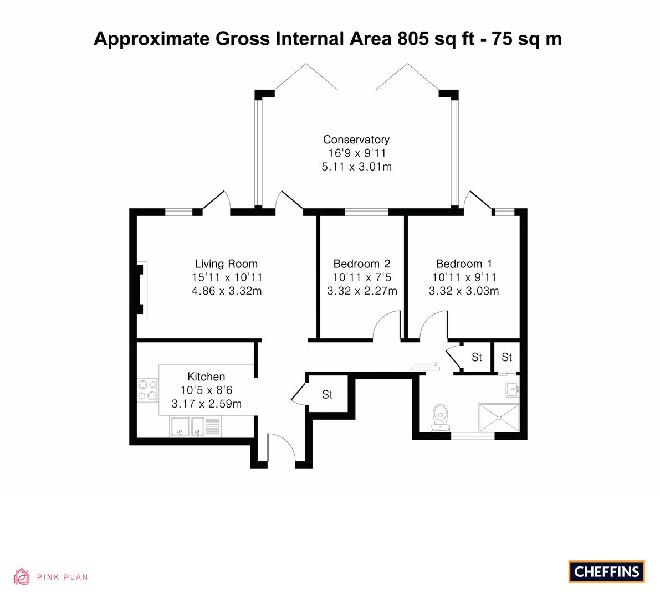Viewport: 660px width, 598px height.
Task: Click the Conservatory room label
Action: tap(356, 140)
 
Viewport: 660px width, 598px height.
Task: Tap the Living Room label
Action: tap(227, 264)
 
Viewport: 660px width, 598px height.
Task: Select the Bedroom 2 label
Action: tap(362, 264)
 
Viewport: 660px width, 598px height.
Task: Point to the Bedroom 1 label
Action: tap(464, 264)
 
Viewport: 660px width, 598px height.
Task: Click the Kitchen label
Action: tap(206, 377)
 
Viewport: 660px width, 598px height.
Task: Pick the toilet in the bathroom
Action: tap(441, 418)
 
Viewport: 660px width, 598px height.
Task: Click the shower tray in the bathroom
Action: tap(499, 417)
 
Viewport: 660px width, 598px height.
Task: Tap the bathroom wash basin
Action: tap(513, 389)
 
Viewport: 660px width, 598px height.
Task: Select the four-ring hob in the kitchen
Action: tap(147, 390)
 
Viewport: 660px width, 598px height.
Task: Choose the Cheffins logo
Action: tap(607, 571)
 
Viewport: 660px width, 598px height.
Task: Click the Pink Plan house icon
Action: tap(22, 576)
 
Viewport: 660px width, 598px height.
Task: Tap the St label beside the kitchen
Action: tap(328, 394)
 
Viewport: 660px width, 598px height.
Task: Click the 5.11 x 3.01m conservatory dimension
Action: tap(357, 167)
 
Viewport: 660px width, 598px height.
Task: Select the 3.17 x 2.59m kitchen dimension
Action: tap(206, 404)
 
